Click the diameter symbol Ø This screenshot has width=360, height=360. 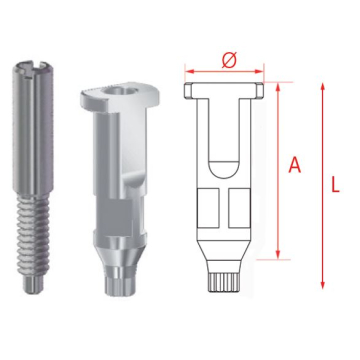coord(229,60)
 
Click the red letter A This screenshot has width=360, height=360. coord(295,165)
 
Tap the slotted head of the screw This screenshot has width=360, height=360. coord(33,67)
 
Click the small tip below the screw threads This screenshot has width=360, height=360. coord(33,284)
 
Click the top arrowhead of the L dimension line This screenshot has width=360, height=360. coord(322,87)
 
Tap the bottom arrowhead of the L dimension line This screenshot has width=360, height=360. coord(322,285)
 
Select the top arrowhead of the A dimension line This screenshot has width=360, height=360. coord(278,87)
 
